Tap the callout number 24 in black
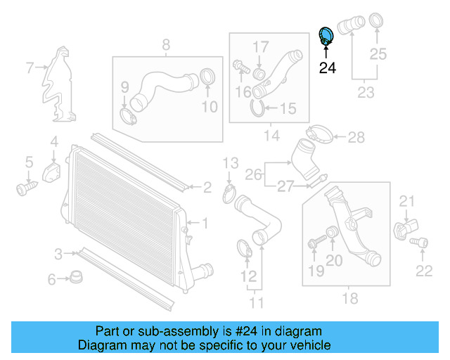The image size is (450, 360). click(x=328, y=68)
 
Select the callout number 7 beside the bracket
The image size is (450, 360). click(x=30, y=68)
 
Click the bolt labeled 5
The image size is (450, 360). click(x=26, y=188)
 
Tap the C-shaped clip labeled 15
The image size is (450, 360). click(x=258, y=108)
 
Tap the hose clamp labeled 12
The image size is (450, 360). click(x=243, y=247)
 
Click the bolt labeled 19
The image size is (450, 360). click(x=314, y=244)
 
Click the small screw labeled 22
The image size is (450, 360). click(x=422, y=243)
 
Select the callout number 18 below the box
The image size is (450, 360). click(x=349, y=300)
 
